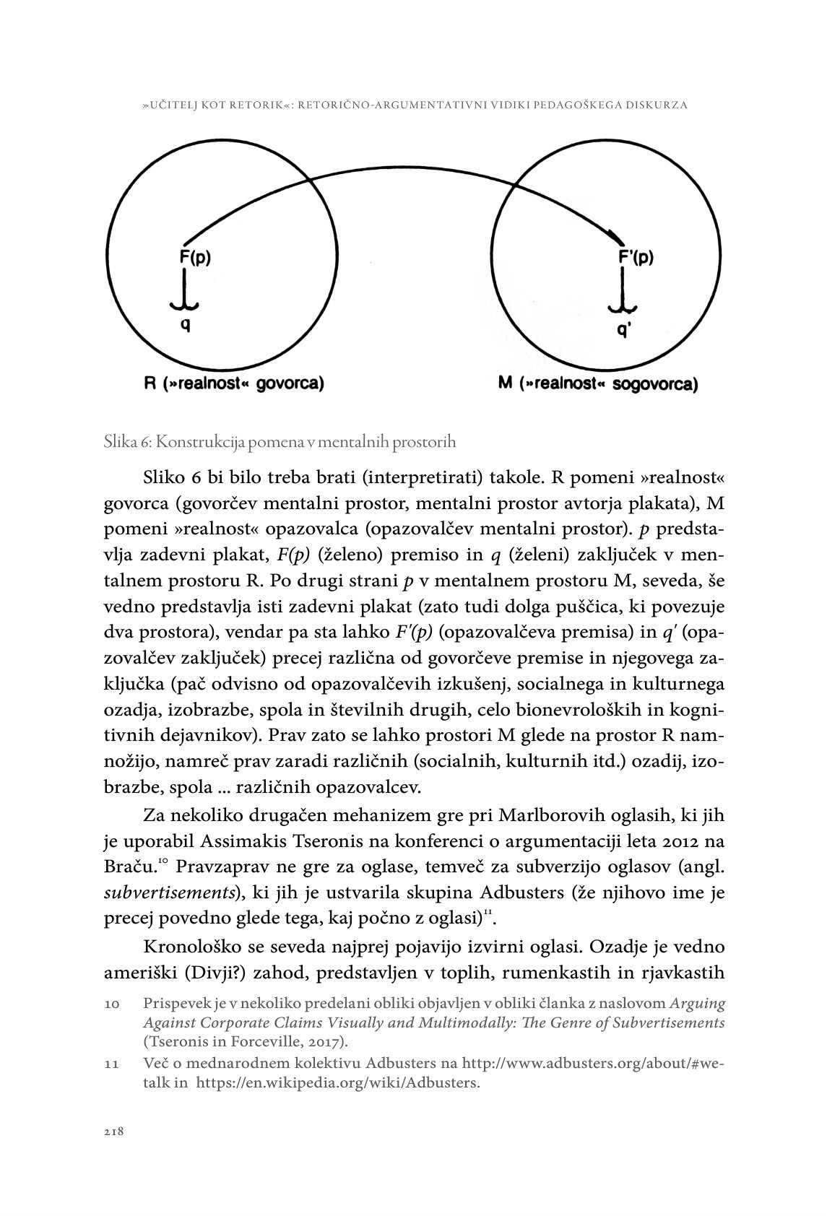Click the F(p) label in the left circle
(195, 257)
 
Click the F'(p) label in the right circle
(636, 258)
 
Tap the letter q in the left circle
(186, 324)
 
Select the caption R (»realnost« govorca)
(233, 383)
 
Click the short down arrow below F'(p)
(620, 292)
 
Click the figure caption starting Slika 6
(280, 441)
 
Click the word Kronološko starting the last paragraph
(189, 947)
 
